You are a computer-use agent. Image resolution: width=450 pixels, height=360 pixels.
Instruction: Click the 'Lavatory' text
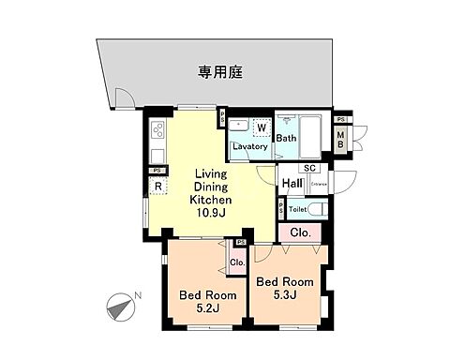(251, 146)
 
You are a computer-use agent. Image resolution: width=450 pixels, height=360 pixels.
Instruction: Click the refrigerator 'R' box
(160, 186)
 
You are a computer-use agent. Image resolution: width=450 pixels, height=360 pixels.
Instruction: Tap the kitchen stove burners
(158, 130)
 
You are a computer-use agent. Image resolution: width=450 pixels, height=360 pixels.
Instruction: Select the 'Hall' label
(292, 184)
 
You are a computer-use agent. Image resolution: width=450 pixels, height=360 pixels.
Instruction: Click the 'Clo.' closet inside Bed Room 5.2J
(237, 262)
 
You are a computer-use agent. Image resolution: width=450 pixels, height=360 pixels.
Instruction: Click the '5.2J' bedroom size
(200, 307)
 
